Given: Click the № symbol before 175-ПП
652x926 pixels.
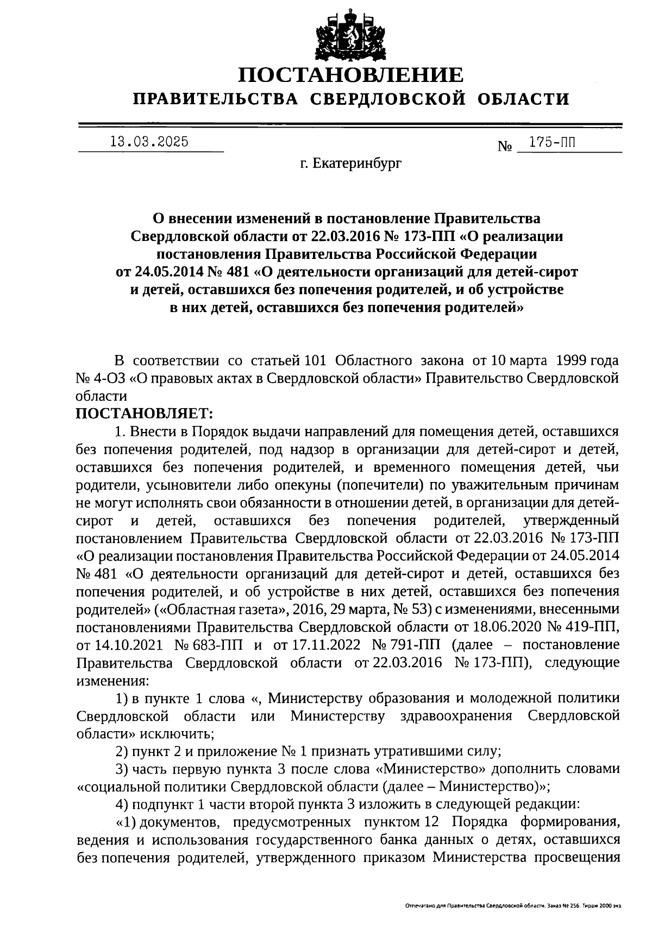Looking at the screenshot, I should [x=505, y=147].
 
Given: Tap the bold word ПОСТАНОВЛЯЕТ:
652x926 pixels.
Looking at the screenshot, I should [x=145, y=414].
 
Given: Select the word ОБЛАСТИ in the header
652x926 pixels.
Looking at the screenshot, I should [x=524, y=99].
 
